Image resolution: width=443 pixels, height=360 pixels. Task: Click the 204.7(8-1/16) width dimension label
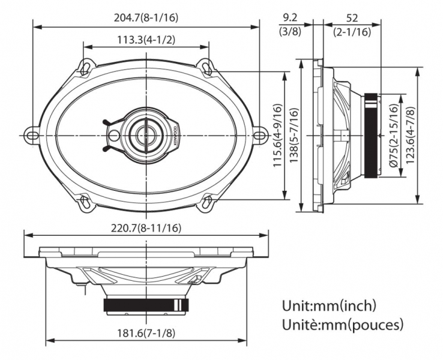click(x=146, y=17)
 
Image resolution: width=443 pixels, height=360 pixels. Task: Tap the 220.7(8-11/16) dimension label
click(x=146, y=228)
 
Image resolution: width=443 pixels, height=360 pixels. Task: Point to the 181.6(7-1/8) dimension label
click(x=146, y=334)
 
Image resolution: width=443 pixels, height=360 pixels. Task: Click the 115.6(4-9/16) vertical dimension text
click(x=277, y=136)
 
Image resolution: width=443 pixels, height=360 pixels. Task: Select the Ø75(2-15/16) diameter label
click(x=393, y=136)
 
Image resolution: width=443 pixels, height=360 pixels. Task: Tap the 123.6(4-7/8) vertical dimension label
click(x=410, y=136)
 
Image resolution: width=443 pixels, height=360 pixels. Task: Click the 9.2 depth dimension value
click(x=291, y=17)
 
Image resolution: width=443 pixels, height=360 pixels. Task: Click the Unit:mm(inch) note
click(x=329, y=306)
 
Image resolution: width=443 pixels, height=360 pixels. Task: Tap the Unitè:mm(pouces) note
click(x=342, y=325)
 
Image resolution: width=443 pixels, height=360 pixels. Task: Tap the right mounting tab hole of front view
click(x=259, y=133)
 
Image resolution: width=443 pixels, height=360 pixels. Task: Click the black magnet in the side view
click(x=372, y=136)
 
